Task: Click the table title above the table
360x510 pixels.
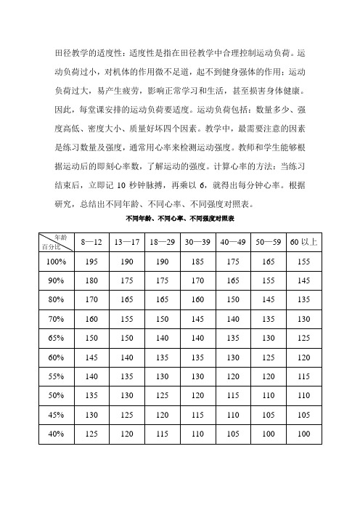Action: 180,218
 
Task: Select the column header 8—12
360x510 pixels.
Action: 91,241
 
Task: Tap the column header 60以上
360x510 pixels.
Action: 304,241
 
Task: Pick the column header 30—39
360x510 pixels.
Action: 198,241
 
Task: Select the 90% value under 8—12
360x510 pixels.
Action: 91,280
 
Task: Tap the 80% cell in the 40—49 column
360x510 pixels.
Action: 234,299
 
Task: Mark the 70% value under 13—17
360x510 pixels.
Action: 127,318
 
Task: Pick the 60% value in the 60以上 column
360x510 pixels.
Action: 304,357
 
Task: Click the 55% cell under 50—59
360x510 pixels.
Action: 269,376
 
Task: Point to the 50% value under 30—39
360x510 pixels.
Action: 198,395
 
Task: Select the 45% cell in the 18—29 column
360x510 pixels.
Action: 163,414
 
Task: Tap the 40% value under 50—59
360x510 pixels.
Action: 269,434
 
